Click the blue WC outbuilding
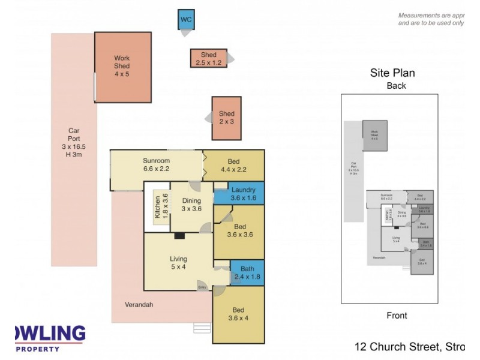pos(186,19)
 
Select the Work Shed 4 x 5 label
pos(122,66)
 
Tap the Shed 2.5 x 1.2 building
pos(208,59)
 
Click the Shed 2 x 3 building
pos(226,118)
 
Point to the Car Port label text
pos(74,142)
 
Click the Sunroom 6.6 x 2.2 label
pos(156,164)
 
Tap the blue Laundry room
pos(239,194)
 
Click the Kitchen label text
pos(158,208)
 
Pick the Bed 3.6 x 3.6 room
pos(239,231)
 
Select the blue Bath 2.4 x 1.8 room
pos(247,272)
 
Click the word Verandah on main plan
pos(139,305)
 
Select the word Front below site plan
pos(396,316)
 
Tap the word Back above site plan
pos(396,86)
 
